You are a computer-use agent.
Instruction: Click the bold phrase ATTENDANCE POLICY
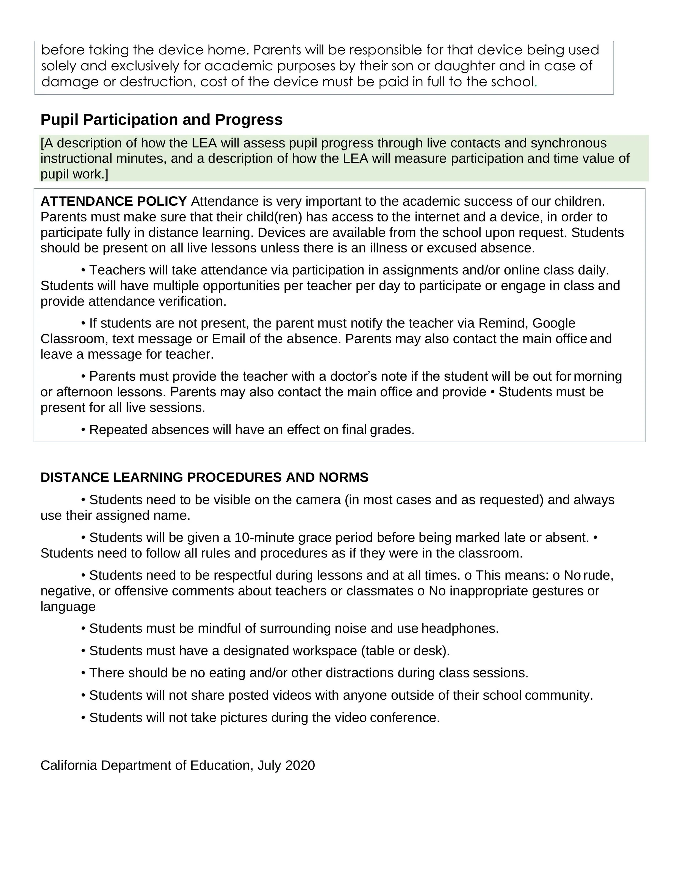(113, 201)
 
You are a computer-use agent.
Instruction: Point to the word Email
(228, 339)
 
